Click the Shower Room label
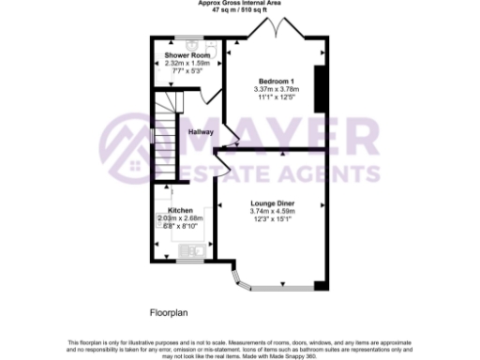[x=180, y=55]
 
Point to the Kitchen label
[x=180, y=210]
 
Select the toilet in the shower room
[x=210, y=47]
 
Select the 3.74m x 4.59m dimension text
[x=271, y=212]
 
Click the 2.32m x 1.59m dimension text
[x=180, y=63]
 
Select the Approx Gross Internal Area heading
[x=240, y=3]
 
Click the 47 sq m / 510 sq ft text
[x=240, y=9]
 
